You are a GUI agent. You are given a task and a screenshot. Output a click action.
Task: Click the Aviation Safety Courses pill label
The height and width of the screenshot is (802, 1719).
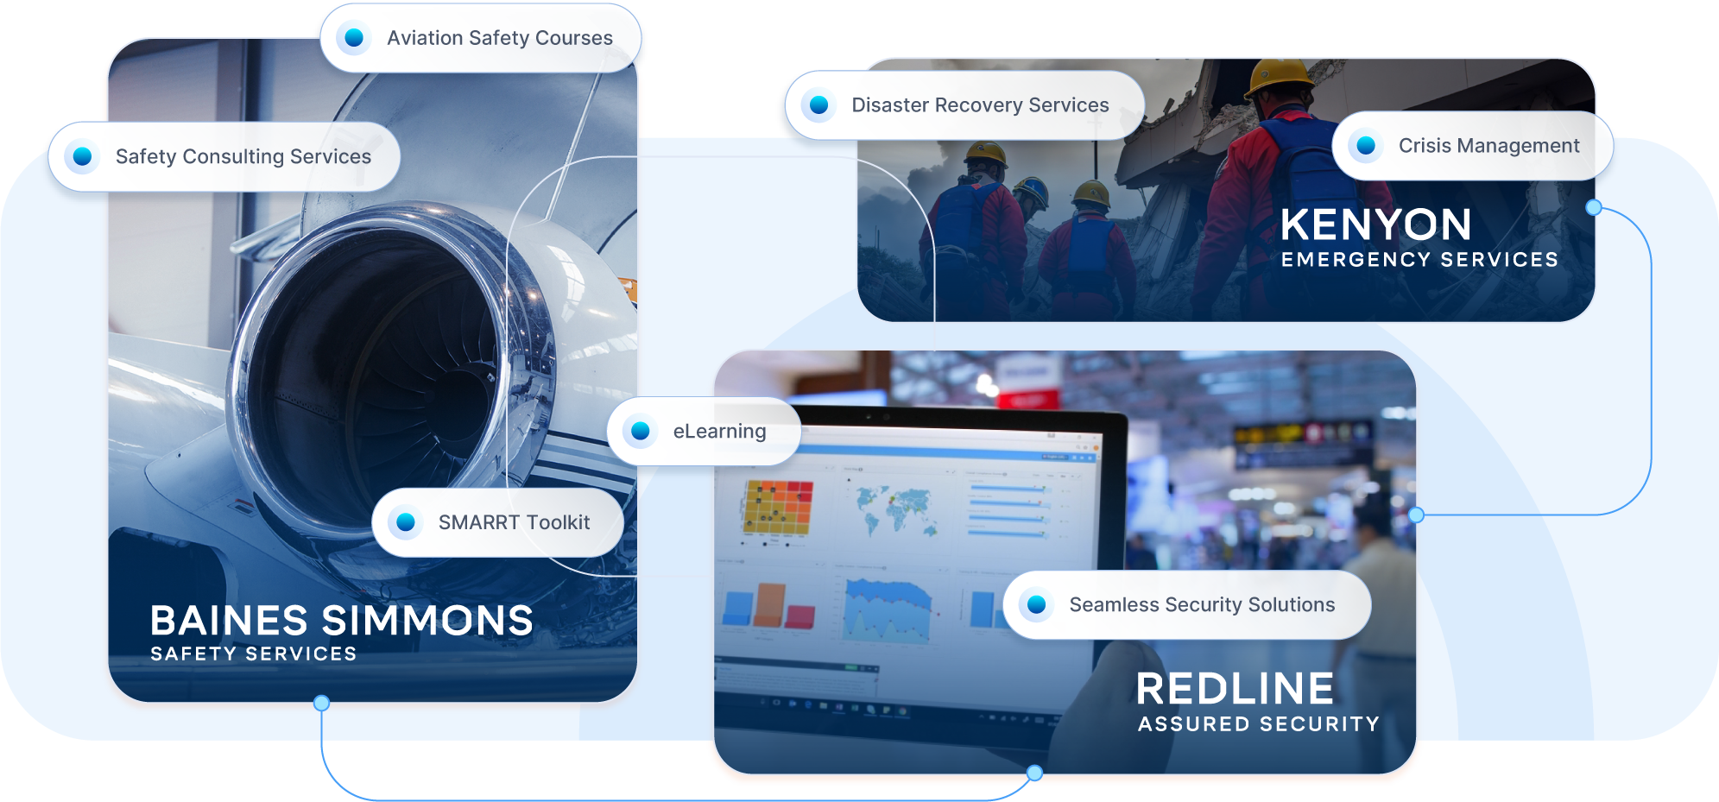coord(481,38)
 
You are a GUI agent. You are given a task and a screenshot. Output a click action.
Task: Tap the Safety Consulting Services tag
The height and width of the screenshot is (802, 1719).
coord(224,156)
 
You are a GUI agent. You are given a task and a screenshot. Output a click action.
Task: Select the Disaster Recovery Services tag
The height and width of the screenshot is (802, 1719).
coord(964,105)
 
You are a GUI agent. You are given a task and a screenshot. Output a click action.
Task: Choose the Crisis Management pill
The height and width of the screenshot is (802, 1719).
coord(1473,146)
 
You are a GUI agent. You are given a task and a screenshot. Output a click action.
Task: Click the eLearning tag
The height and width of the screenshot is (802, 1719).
coord(704,431)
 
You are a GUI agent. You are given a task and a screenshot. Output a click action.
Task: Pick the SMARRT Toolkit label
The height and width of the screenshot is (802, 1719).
coord(497,522)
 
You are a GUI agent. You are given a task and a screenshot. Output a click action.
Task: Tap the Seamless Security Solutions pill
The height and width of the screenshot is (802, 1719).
coord(1187,604)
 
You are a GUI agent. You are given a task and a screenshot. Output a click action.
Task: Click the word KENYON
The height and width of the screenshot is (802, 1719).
coord(1375,225)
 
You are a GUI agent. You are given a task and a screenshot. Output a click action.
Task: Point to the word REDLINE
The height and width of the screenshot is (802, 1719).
coord(1235,689)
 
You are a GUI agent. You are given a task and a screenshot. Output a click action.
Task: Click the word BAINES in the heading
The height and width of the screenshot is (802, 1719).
coord(229,621)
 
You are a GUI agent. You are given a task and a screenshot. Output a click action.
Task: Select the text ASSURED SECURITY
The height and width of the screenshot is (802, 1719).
coord(1258,724)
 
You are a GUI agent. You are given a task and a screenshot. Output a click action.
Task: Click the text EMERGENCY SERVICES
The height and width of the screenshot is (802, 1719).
coord(1419,260)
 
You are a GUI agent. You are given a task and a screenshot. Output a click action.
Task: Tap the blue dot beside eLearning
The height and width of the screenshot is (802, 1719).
coord(641,431)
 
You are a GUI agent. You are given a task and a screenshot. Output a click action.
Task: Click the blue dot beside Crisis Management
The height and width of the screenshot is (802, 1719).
coord(1366,146)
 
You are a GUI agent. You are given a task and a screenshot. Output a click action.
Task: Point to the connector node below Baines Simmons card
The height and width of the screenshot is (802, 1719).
coord(321,703)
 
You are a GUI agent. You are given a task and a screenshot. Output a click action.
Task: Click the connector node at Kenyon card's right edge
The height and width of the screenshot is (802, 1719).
coord(1594,207)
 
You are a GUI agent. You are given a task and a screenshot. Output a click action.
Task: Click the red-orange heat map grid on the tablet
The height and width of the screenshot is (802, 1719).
coord(777,508)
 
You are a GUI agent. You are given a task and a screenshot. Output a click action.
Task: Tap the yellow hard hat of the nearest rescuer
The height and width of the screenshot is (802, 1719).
coord(1280,76)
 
